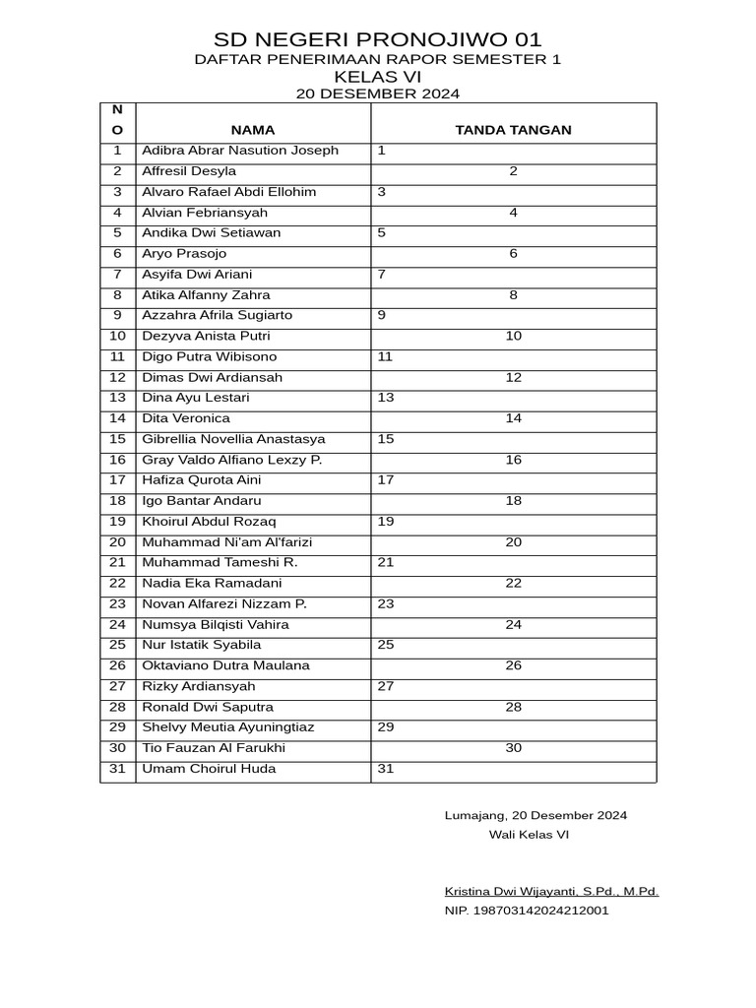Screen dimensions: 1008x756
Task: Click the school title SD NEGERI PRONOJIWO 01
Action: [x=378, y=40]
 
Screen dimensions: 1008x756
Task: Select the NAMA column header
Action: [x=253, y=130]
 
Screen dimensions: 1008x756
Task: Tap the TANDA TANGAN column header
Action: [x=513, y=130]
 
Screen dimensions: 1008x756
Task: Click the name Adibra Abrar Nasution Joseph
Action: [x=240, y=151]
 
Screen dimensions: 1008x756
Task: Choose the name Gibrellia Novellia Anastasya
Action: [x=233, y=439]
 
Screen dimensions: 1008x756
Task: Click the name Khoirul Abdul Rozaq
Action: [x=209, y=522]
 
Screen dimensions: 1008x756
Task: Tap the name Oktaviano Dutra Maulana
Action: [x=225, y=665]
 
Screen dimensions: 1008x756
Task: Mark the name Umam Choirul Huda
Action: [x=209, y=769]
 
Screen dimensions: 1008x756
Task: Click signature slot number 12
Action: [x=513, y=377]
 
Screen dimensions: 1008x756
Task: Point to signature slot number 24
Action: [x=513, y=624]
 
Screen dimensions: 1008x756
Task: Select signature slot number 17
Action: [x=386, y=480]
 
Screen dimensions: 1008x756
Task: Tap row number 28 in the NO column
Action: [x=117, y=707]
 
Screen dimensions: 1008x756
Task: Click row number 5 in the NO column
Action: [x=117, y=233]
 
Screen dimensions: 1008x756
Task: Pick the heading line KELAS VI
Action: [x=378, y=77]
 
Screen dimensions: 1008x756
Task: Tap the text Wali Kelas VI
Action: [x=529, y=835]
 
